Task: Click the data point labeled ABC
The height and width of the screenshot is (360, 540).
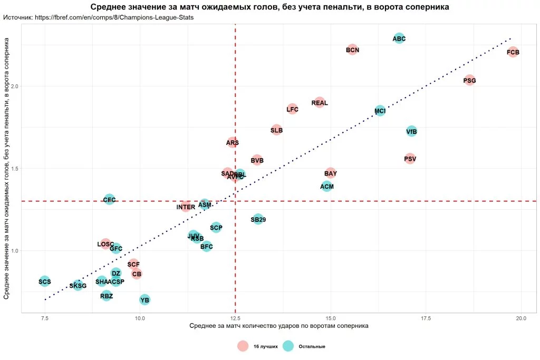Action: tap(399, 38)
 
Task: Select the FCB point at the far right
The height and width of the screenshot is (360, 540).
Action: tap(513, 52)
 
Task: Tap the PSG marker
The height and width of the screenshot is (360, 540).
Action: tap(469, 81)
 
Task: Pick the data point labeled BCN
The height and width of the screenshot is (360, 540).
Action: tap(352, 50)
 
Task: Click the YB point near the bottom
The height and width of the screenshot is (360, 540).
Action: tap(144, 300)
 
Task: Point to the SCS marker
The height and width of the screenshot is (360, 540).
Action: tap(45, 281)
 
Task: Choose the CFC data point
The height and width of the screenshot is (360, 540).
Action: tap(109, 200)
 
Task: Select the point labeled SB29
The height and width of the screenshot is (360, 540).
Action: tap(258, 219)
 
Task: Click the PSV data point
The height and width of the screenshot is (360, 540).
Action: tap(410, 159)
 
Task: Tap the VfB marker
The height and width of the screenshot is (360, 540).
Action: tap(412, 131)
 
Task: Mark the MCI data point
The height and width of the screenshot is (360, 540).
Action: tap(380, 111)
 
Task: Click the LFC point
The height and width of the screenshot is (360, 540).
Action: tap(293, 110)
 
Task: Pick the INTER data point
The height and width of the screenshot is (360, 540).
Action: tap(186, 207)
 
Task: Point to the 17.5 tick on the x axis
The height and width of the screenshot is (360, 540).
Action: tap(426, 318)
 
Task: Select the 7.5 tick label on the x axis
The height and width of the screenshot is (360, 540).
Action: tap(45, 318)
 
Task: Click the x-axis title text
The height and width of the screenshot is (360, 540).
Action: tap(278, 326)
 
